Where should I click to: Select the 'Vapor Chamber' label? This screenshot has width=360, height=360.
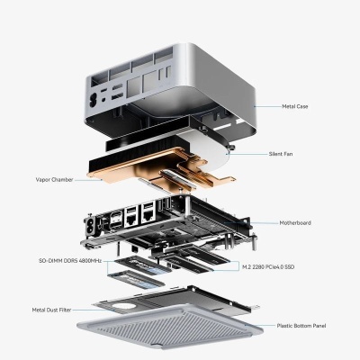pyautogui.click(x=54, y=178)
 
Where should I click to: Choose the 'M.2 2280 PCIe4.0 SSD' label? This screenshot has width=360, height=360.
pyautogui.click(x=268, y=266)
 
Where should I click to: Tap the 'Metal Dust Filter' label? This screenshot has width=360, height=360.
pyautogui.click(x=52, y=309)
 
